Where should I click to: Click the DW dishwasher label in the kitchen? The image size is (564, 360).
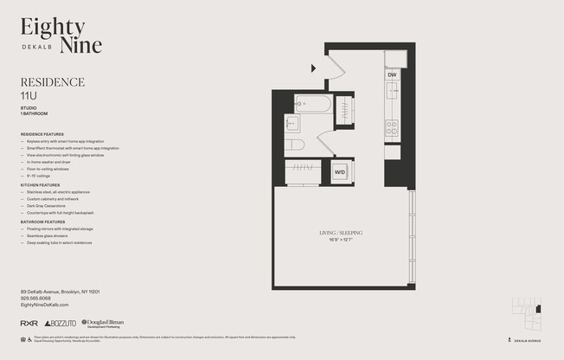(392, 75)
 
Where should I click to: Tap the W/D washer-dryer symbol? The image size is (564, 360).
(339, 170)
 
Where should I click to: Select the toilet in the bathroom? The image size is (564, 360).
(295, 145)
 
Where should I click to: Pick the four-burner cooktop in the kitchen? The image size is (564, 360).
(392, 128)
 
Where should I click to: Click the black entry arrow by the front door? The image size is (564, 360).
(315, 68)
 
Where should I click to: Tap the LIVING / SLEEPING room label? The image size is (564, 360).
(340, 233)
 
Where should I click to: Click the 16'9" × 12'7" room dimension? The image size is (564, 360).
(340, 240)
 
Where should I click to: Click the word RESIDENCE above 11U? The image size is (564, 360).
(52, 82)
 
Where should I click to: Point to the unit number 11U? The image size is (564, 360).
(29, 94)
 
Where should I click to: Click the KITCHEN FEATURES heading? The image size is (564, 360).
(40, 185)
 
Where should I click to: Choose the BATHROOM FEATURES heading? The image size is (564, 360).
(42, 222)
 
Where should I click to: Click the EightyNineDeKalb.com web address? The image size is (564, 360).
(44, 305)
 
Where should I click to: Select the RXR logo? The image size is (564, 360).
(29, 323)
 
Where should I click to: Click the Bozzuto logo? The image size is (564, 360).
(60, 323)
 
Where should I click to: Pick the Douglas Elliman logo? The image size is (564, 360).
(103, 323)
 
